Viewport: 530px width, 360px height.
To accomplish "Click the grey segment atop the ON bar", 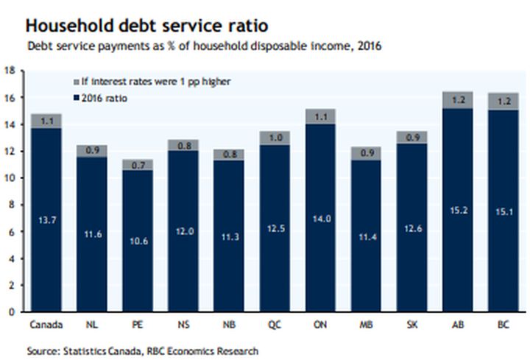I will pos(320,116).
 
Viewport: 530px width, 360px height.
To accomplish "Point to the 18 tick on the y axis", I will pos(10,71).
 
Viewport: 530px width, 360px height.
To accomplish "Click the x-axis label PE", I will pos(138,324).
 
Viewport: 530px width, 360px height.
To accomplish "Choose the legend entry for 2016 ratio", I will pos(103,97).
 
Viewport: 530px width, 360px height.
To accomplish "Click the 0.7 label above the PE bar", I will pos(138,165).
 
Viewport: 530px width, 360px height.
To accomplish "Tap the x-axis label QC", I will pos(275,324).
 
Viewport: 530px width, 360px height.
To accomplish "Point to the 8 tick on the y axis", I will pos(13,205).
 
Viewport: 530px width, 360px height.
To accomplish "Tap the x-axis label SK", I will pos(411,324).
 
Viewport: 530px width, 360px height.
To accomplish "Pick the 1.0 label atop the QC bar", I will pos(275,138).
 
